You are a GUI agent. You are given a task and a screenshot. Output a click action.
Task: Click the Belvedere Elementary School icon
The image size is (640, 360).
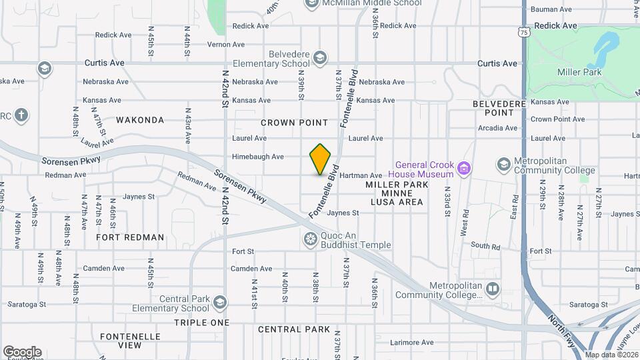[x=320, y=58]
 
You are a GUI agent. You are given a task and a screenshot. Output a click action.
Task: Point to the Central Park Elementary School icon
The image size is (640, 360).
[x=219, y=303]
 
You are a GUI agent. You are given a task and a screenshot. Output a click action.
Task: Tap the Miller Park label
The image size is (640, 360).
[x=579, y=72]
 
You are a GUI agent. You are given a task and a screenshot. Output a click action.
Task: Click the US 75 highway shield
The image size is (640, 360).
[x=525, y=32]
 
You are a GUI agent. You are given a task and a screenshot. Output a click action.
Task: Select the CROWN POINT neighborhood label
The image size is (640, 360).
[x=294, y=123]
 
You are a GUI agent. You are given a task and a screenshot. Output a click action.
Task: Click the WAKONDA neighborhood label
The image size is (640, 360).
[x=139, y=120]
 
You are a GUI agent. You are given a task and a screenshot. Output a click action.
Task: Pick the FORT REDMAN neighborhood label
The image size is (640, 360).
[x=130, y=237]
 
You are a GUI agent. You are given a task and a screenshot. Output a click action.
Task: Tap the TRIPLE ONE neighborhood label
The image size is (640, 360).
[x=201, y=323]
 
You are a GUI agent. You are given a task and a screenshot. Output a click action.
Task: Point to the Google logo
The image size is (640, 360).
[x=22, y=351]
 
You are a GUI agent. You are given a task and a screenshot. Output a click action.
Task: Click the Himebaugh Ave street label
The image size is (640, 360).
[x=257, y=157]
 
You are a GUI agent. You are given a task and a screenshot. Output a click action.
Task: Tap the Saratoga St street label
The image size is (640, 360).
[x=27, y=304]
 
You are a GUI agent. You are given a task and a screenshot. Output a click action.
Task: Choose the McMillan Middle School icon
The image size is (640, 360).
[x=311, y=3]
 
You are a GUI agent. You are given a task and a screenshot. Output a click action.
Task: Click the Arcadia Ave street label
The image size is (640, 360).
[x=497, y=128]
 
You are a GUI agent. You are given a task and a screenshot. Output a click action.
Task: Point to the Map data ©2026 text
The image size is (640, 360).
[x=611, y=355]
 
